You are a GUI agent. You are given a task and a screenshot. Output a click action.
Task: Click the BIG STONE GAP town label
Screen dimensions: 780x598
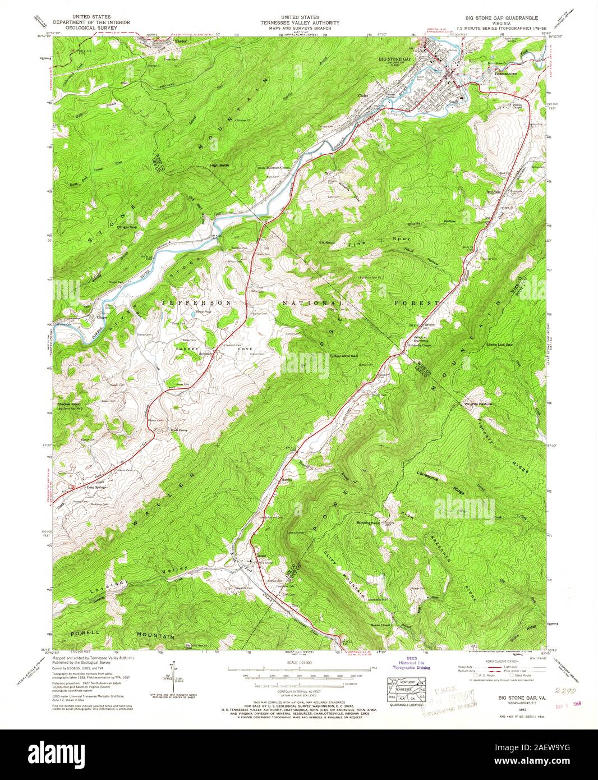coord(395,58)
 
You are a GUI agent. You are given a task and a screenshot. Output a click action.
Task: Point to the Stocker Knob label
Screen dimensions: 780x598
coord(70,404)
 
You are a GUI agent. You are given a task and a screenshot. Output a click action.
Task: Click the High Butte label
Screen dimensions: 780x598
coord(220,165)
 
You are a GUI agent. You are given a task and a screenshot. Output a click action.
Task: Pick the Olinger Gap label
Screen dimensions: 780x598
coord(126,227)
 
